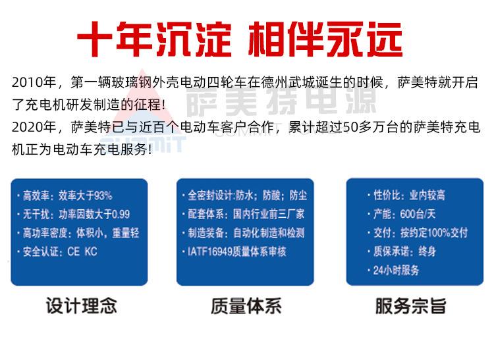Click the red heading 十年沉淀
coord(154,39)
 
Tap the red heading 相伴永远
coord(325,39)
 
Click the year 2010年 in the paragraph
coord(34,82)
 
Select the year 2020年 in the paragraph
coord(34,127)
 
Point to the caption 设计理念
coord(81,306)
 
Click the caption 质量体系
coord(246,306)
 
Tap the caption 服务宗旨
coord(411,306)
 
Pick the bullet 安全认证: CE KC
coord(60,252)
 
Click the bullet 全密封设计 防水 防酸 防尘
coord(247,195)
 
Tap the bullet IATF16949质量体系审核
coord(237,252)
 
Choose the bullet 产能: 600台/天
coord(404,215)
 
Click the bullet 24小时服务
coord(396,270)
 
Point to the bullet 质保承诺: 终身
coord(404,251)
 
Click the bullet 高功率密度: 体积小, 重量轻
coord(81,233)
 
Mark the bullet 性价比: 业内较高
coord(409,195)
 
